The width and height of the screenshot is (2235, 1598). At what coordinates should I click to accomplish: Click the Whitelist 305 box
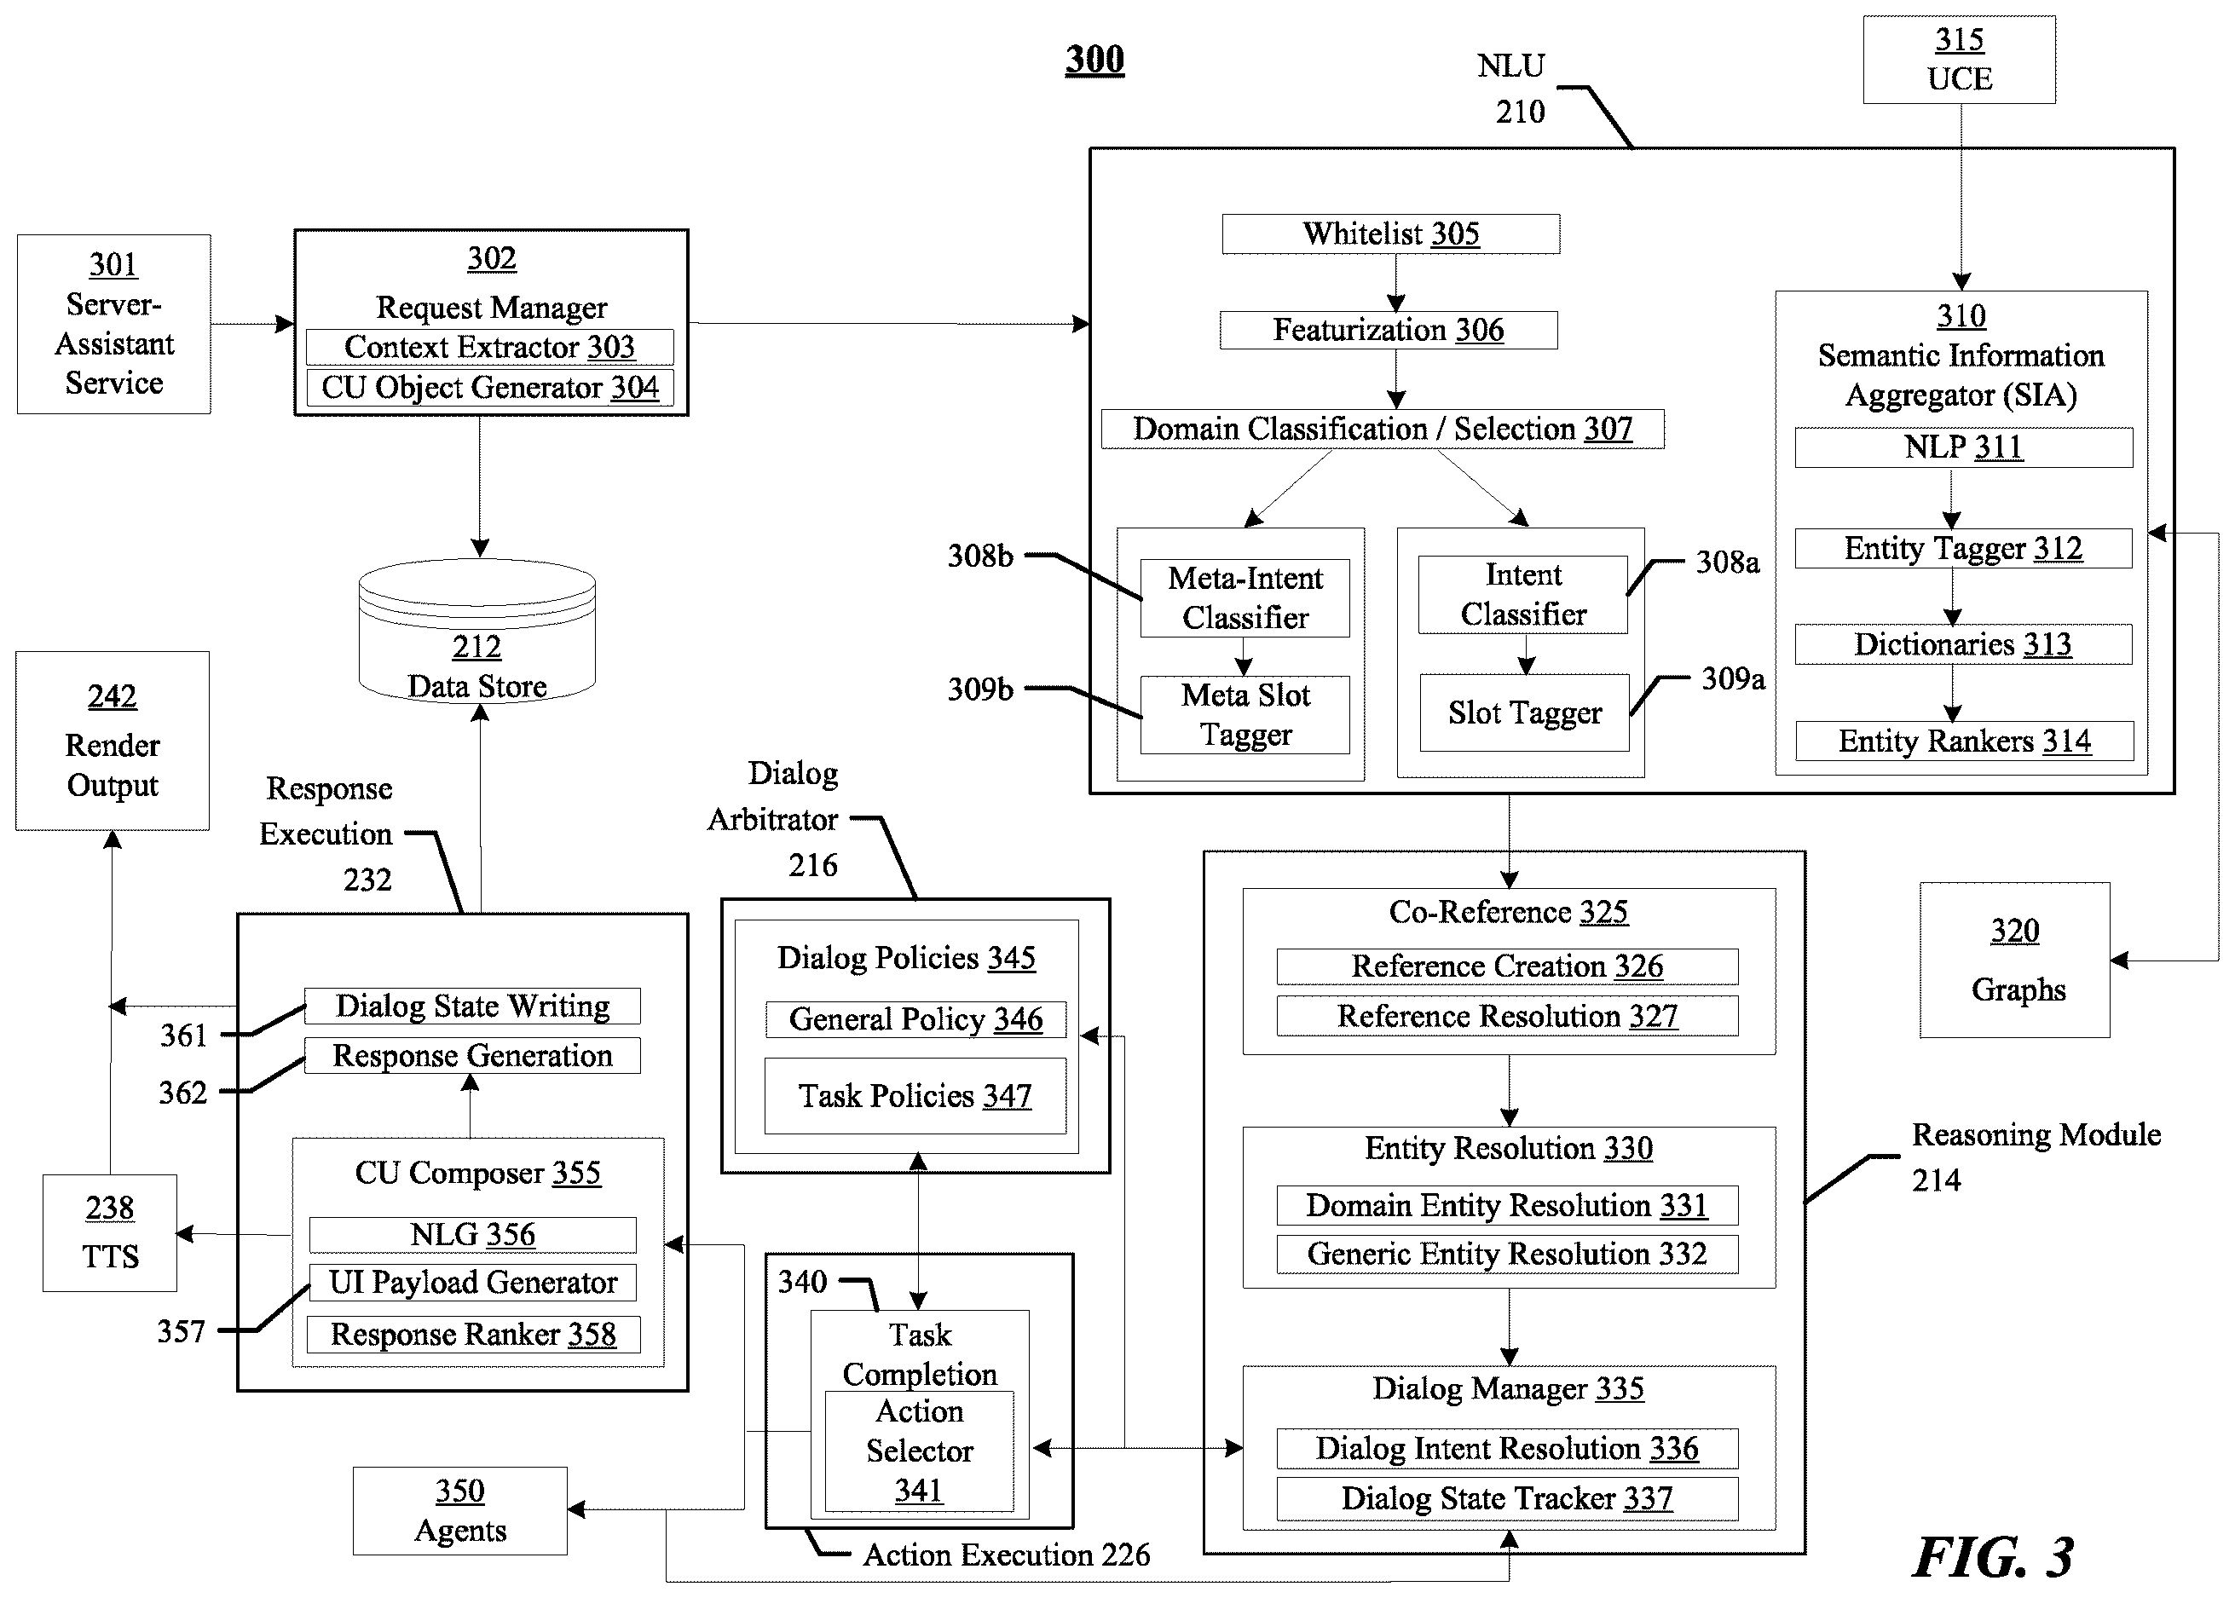pyautogui.click(x=1390, y=234)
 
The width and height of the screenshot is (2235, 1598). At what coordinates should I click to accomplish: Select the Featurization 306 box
pyautogui.click(x=1389, y=330)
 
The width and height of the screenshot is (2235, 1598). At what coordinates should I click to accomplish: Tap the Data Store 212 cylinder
pyautogui.click(x=477, y=631)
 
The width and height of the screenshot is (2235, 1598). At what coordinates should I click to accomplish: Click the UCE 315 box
pyautogui.click(x=1960, y=60)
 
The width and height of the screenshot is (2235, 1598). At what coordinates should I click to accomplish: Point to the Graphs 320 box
pyautogui.click(x=2014, y=961)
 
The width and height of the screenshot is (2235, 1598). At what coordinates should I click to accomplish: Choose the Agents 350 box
pyautogui.click(x=460, y=1510)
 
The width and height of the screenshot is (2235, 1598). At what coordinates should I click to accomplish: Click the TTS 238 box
pyautogui.click(x=110, y=1233)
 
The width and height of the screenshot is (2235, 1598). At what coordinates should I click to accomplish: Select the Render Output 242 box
pyautogui.click(x=113, y=741)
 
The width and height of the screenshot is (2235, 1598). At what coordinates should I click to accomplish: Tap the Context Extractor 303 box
pyautogui.click(x=490, y=348)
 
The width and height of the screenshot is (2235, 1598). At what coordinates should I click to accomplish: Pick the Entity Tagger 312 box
pyautogui.click(x=1963, y=548)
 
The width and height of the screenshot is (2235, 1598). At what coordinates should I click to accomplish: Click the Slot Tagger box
pyautogui.click(x=1524, y=712)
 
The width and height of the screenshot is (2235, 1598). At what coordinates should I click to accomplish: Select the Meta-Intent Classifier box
pyautogui.click(x=1245, y=598)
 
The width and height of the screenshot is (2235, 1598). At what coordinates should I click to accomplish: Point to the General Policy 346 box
pyautogui.click(x=915, y=1019)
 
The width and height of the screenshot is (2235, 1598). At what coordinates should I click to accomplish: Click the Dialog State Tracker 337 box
pyautogui.click(x=1508, y=1498)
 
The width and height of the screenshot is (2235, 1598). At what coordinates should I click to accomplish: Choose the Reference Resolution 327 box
pyautogui.click(x=1508, y=1016)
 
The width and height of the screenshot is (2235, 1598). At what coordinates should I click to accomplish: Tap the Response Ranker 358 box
pyautogui.click(x=473, y=1335)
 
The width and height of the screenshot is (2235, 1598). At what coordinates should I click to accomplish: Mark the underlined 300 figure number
pyautogui.click(x=1094, y=59)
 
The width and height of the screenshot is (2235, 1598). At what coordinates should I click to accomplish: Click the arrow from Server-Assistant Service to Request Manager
pyautogui.click(x=252, y=324)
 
